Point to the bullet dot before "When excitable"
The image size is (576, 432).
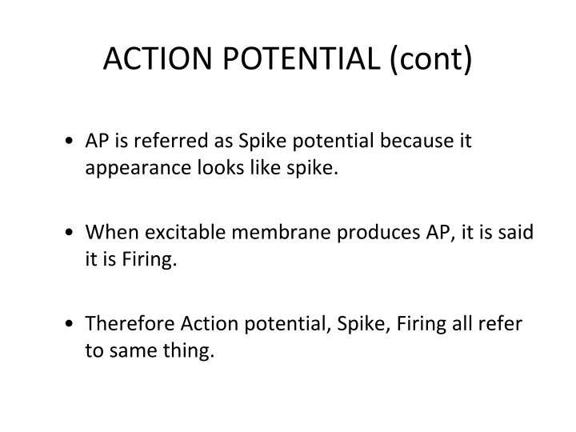74,233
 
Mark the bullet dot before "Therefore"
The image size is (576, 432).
74,324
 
